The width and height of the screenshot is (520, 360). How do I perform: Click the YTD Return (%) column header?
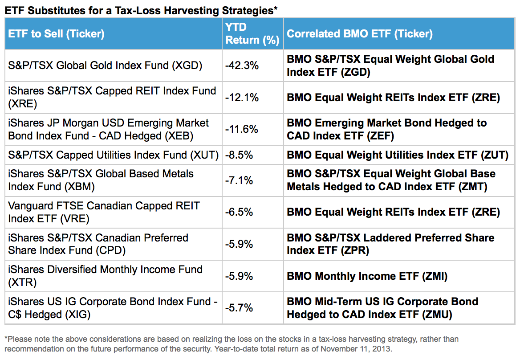tap(252, 34)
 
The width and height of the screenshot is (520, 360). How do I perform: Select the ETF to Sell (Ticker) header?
tap(56, 34)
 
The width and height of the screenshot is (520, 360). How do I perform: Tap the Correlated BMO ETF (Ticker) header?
tap(359, 34)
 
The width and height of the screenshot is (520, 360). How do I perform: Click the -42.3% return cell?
tap(242, 65)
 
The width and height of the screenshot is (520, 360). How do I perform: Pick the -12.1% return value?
tap(242, 97)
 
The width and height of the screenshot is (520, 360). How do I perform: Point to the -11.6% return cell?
tap(242, 129)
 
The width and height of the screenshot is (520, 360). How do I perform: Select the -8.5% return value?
tap(239, 155)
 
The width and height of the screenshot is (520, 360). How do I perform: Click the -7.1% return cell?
tap(239, 180)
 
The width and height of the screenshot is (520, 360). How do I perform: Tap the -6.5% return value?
tap(239, 212)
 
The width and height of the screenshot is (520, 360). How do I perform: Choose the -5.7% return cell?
tap(239, 308)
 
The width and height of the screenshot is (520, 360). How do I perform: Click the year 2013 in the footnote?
tap(382, 348)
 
